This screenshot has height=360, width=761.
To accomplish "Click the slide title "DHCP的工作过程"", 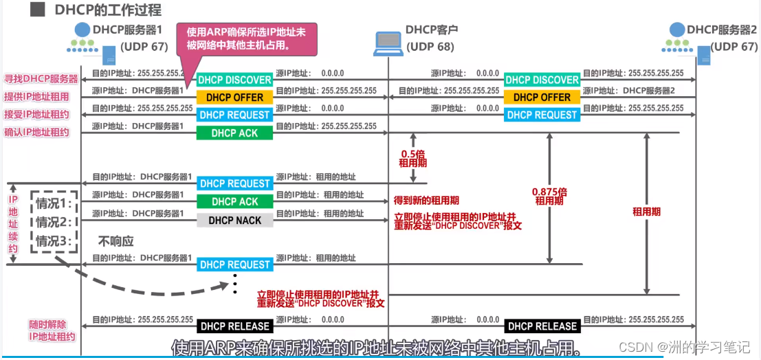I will click(108, 10).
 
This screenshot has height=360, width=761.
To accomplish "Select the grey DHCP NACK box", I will click(234, 220).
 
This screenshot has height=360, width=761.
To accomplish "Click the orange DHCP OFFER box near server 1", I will click(234, 98).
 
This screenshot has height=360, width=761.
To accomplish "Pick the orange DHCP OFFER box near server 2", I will click(542, 98).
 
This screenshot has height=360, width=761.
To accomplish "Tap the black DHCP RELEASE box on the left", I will click(234, 326).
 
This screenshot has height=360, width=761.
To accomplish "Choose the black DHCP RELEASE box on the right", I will click(542, 326).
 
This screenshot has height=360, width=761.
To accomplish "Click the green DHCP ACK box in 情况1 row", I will click(234, 201).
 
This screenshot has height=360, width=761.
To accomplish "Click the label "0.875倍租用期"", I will click(549, 196).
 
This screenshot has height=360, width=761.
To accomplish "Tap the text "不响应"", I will click(115, 241).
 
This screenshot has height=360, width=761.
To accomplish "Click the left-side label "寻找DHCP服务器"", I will click(41, 79).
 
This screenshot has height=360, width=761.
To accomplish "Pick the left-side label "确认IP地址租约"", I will click(37, 132).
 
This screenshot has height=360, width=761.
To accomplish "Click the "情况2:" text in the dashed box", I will click(54, 222).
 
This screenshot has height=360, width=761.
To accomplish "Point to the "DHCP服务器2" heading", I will click(722, 30).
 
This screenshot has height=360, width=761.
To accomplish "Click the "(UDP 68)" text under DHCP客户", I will click(430, 47).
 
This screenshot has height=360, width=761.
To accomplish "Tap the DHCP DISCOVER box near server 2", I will click(542, 80).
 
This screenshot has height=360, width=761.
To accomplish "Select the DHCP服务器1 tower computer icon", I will click(108, 55).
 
